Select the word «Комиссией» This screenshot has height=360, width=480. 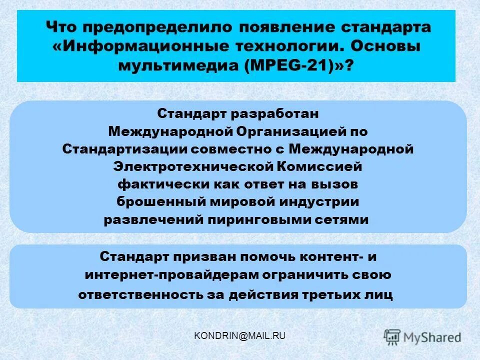tap(318, 166)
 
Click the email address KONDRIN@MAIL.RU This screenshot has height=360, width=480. tap(239, 335)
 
